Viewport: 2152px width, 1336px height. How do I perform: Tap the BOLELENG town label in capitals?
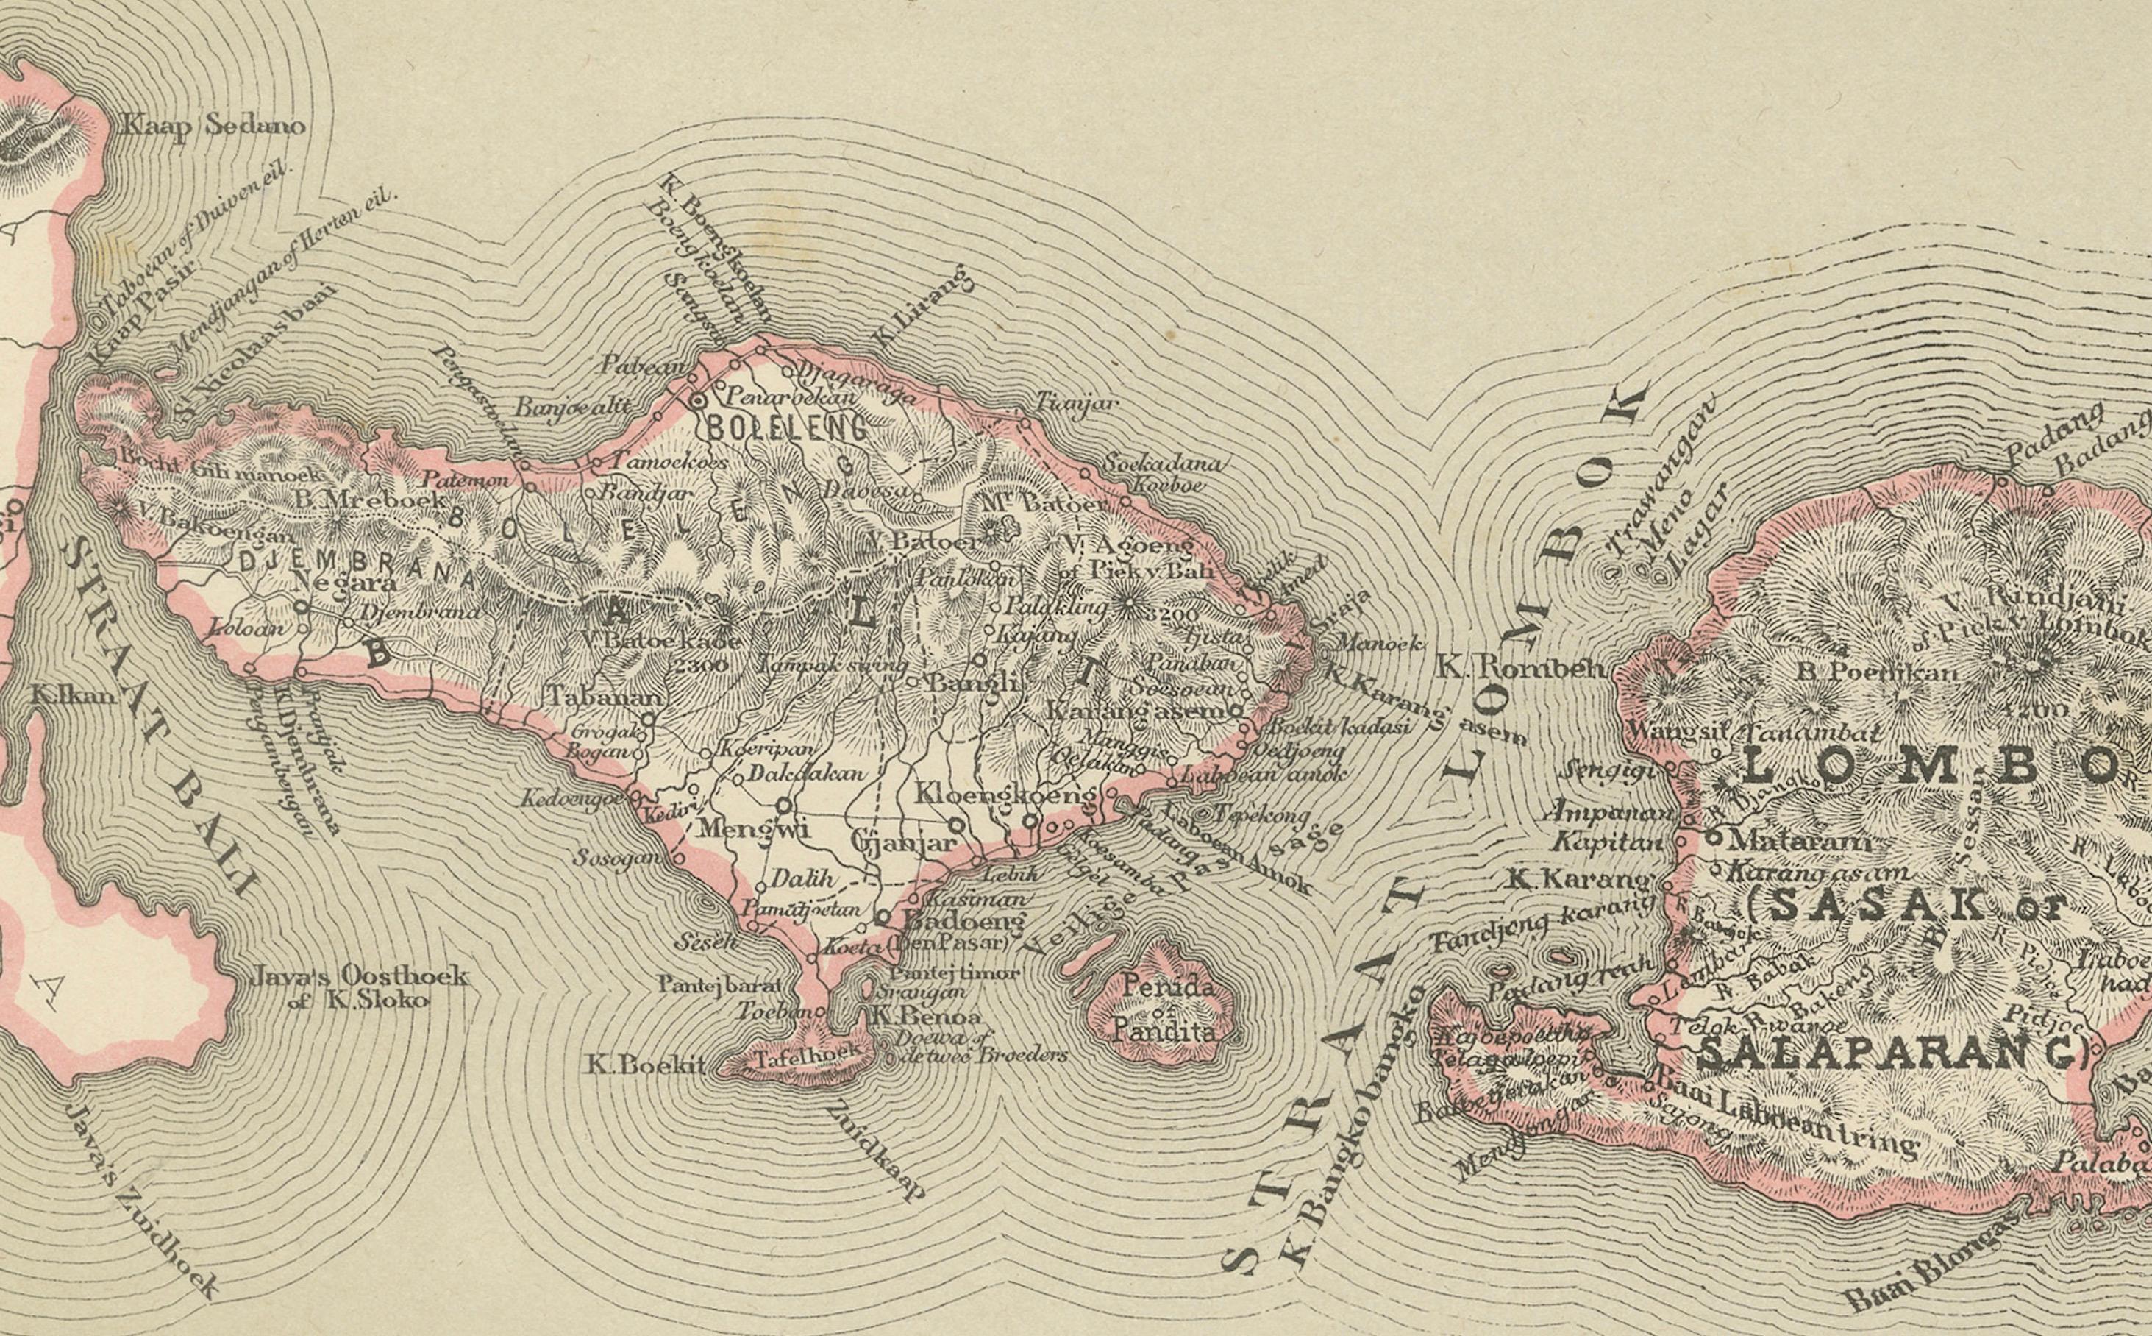pyautogui.click(x=786, y=430)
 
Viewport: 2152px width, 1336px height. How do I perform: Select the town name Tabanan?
pyautogui.click(x=605, y=696)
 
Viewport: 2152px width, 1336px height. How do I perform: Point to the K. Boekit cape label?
pyautogui.click(x=646, y=1065)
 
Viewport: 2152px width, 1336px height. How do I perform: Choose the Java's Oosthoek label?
pyautogui.click(x=359, y=976)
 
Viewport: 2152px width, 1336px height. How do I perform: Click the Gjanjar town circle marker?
pyautogui.click(x=957, y=825)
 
